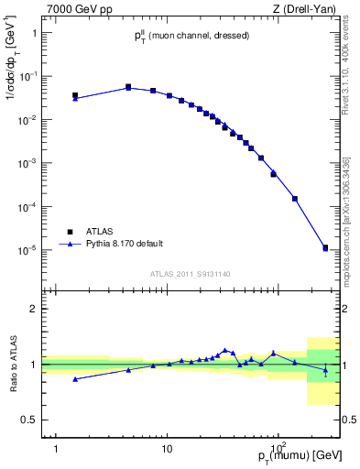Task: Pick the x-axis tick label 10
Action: click(167, 437)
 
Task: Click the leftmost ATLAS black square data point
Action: click(75, 94)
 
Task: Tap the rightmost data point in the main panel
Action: click(325, 247)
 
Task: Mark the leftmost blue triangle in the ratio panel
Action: click(75, 379)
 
